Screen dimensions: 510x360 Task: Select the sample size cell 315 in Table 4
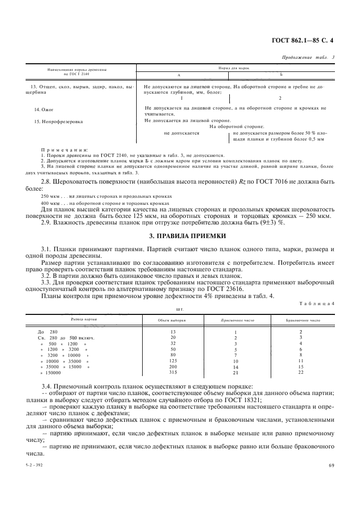(174, 373)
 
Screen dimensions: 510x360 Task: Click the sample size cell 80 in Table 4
(174, 355)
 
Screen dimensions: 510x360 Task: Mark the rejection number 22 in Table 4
(301, 373)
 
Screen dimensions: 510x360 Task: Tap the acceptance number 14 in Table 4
(236, 367)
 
